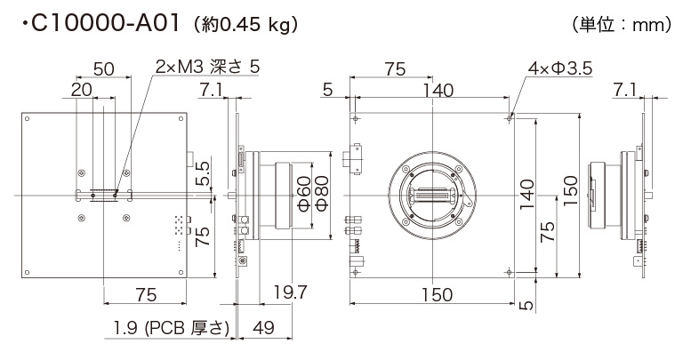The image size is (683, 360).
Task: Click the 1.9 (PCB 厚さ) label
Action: coord(172,328)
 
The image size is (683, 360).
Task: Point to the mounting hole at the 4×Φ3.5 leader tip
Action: coord(509,116)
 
